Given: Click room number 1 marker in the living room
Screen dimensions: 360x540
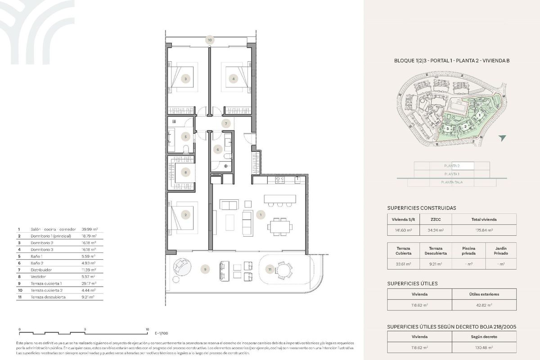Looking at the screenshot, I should (x=260, y=216).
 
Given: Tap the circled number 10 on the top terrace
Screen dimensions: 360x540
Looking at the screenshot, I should (x=209, y=40).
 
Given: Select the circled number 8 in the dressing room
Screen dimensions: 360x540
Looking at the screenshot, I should (x=185, y=172).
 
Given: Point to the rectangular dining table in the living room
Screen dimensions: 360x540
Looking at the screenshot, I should (x=280, y=226).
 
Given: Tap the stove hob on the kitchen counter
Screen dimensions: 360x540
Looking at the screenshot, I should (x=279, y=180).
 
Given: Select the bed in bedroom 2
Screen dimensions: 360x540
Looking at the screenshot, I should (x=182, y=216).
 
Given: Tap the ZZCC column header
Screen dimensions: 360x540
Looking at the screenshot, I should (x=435, y=219).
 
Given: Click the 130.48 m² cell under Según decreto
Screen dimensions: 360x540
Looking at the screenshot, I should (x=484, y=347).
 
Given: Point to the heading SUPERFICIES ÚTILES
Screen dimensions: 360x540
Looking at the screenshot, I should (x=412, y=283).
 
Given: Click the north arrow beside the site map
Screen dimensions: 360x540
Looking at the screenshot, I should (x=502, y=138).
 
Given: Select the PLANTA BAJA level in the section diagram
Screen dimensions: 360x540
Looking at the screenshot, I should (x=452, y=182).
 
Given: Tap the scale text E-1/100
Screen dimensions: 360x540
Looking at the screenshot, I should (x=161, y=334).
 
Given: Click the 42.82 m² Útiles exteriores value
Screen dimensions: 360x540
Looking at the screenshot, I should (x=484, y=305).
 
